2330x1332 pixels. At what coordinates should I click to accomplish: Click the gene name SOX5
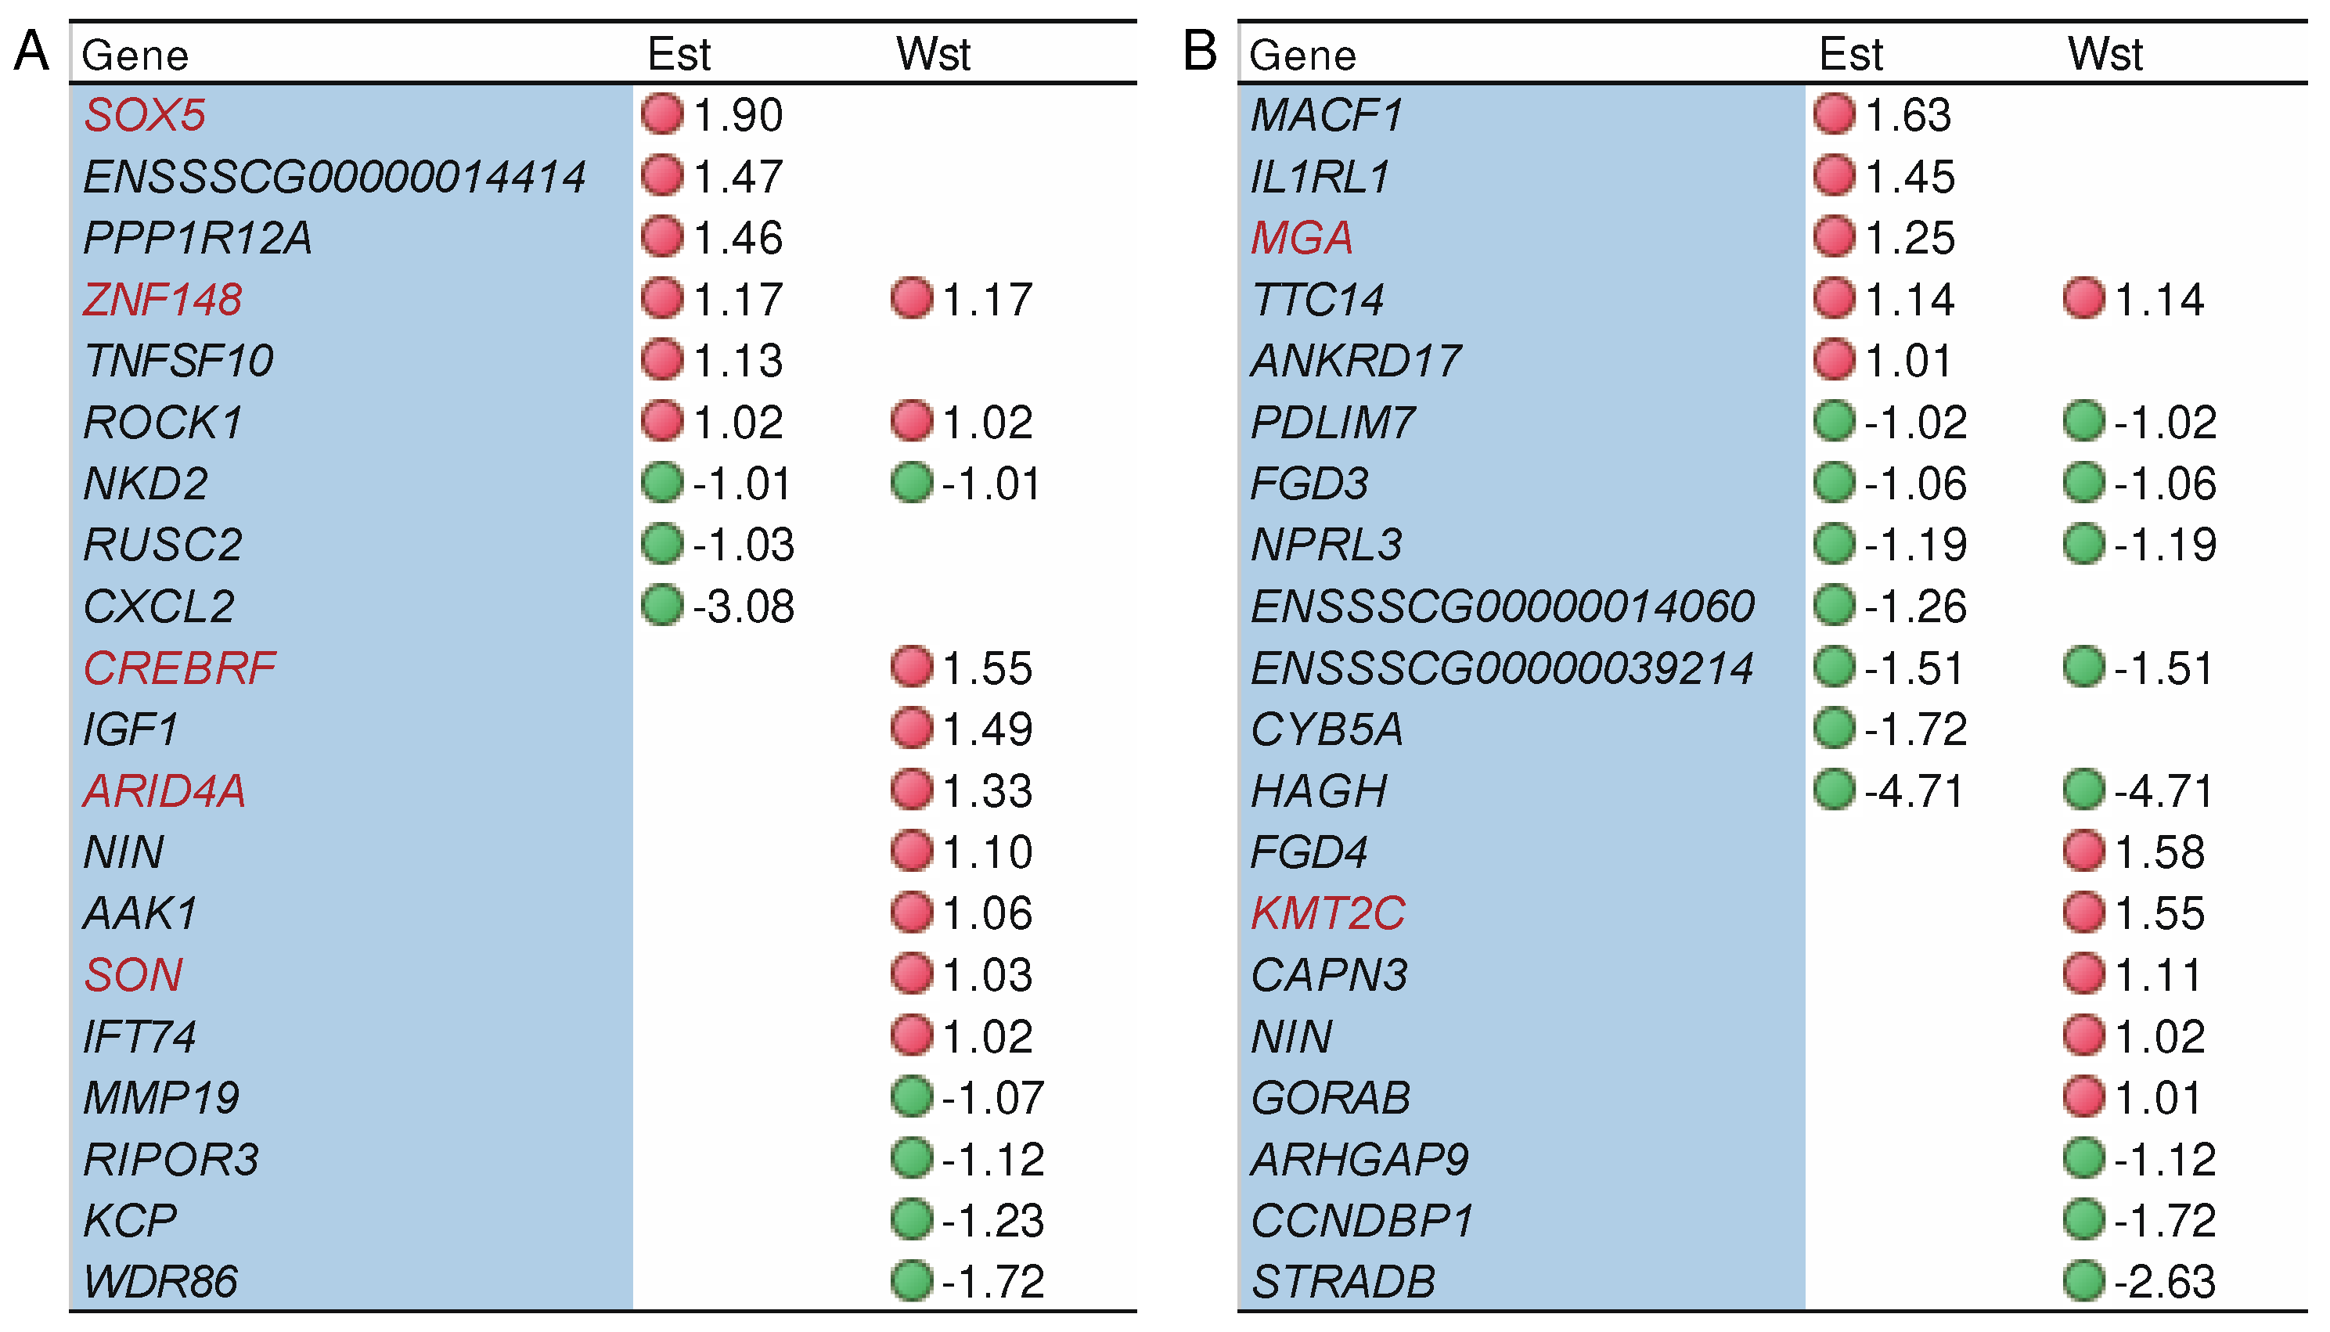[x=145, y=115]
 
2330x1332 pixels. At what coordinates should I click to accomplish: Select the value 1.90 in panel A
[x=737, y=115]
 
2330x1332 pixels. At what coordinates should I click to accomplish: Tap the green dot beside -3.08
[x=662, y=606]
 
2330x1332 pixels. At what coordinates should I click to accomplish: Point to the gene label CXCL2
[x=159, y=607]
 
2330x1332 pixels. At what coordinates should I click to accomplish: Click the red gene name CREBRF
[x=179, y=668]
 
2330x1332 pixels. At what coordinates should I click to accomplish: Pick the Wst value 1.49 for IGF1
[x=987, y=729]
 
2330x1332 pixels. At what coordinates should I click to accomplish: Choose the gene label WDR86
[x=161, y=1282]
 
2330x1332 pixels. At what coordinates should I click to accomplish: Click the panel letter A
[x=32, y=50]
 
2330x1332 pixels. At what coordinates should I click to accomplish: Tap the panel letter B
[x=1200, y=50]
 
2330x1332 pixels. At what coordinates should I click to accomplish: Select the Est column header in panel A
[x=679, y=54]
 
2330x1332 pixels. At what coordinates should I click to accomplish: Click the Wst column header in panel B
[x=2105, y=54]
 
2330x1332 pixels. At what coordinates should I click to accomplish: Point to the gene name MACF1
[x=1327, y=115]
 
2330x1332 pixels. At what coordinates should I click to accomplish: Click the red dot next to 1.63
[x=1834, y=114]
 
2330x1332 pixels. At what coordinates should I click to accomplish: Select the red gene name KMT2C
[x=1327, y=913]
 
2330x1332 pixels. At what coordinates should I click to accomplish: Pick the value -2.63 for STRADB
[x=2164, y=1282]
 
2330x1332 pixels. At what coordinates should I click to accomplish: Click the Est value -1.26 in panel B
[x=1916, y=607]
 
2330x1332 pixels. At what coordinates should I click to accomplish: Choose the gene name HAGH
[x=1318, y=791]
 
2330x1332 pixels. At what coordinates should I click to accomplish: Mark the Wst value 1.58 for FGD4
[x=2160, y=851]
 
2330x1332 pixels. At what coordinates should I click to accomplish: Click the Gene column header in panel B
[x=1302, y=55]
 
